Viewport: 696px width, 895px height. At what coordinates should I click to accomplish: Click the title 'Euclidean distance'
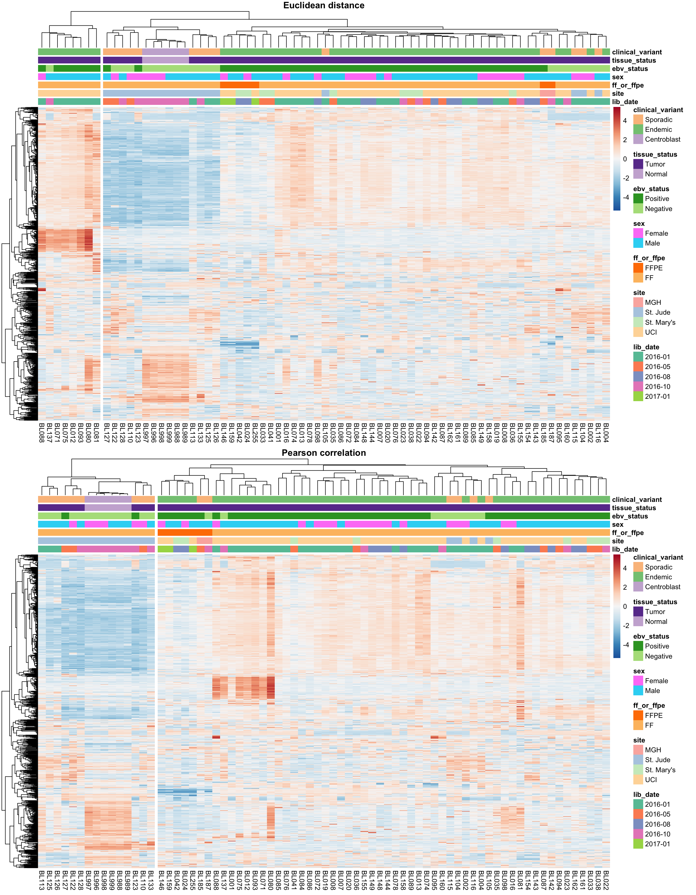[x=324, y=5]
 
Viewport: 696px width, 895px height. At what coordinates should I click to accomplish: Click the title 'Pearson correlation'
[x=324, y=453]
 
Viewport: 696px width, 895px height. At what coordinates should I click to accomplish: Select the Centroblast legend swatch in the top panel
[x=638, y=139]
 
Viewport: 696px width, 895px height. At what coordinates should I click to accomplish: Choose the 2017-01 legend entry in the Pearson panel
[x=657, y=844]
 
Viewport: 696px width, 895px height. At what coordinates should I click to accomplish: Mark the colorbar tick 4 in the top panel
[x=625, y=121]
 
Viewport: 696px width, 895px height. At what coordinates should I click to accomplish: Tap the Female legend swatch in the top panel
[x=638, y=233]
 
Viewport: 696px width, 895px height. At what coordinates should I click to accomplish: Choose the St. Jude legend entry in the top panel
[x=657, y=312]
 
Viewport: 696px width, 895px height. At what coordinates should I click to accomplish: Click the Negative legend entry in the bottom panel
[x=658, y=656]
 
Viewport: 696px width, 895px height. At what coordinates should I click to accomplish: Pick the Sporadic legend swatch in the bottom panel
[x=638, y=567]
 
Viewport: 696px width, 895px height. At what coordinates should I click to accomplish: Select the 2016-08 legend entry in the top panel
[x=657, y=377]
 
